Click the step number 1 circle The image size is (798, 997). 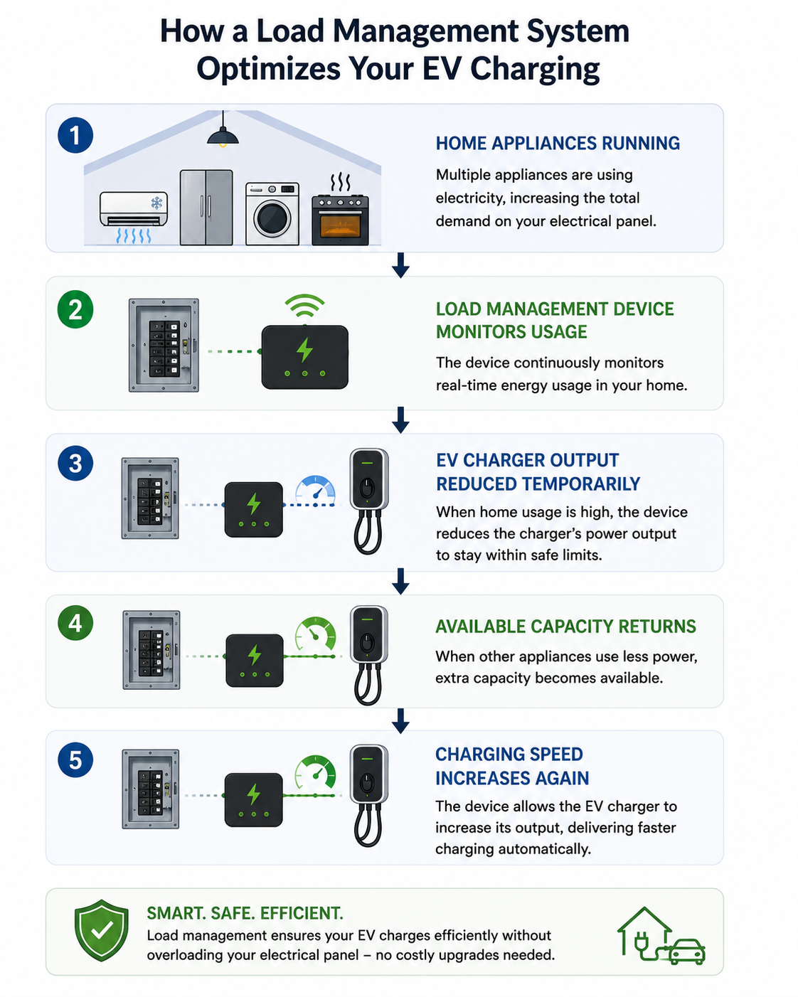[75, 135]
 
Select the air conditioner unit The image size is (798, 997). [134, 209]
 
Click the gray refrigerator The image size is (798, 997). [206, 207]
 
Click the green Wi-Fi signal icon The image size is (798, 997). [304, 306]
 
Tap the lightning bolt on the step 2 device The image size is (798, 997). [304, 350]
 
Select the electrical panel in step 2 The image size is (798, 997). [164, 345]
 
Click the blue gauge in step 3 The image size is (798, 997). [316, 490]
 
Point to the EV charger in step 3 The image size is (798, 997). [368, 501]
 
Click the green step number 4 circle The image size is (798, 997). [75, 623]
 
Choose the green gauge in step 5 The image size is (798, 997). [315, 772]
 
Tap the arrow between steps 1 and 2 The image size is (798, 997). [400, 265]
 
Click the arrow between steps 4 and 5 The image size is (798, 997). [400, 721]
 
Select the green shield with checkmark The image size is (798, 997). [102, 930]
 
